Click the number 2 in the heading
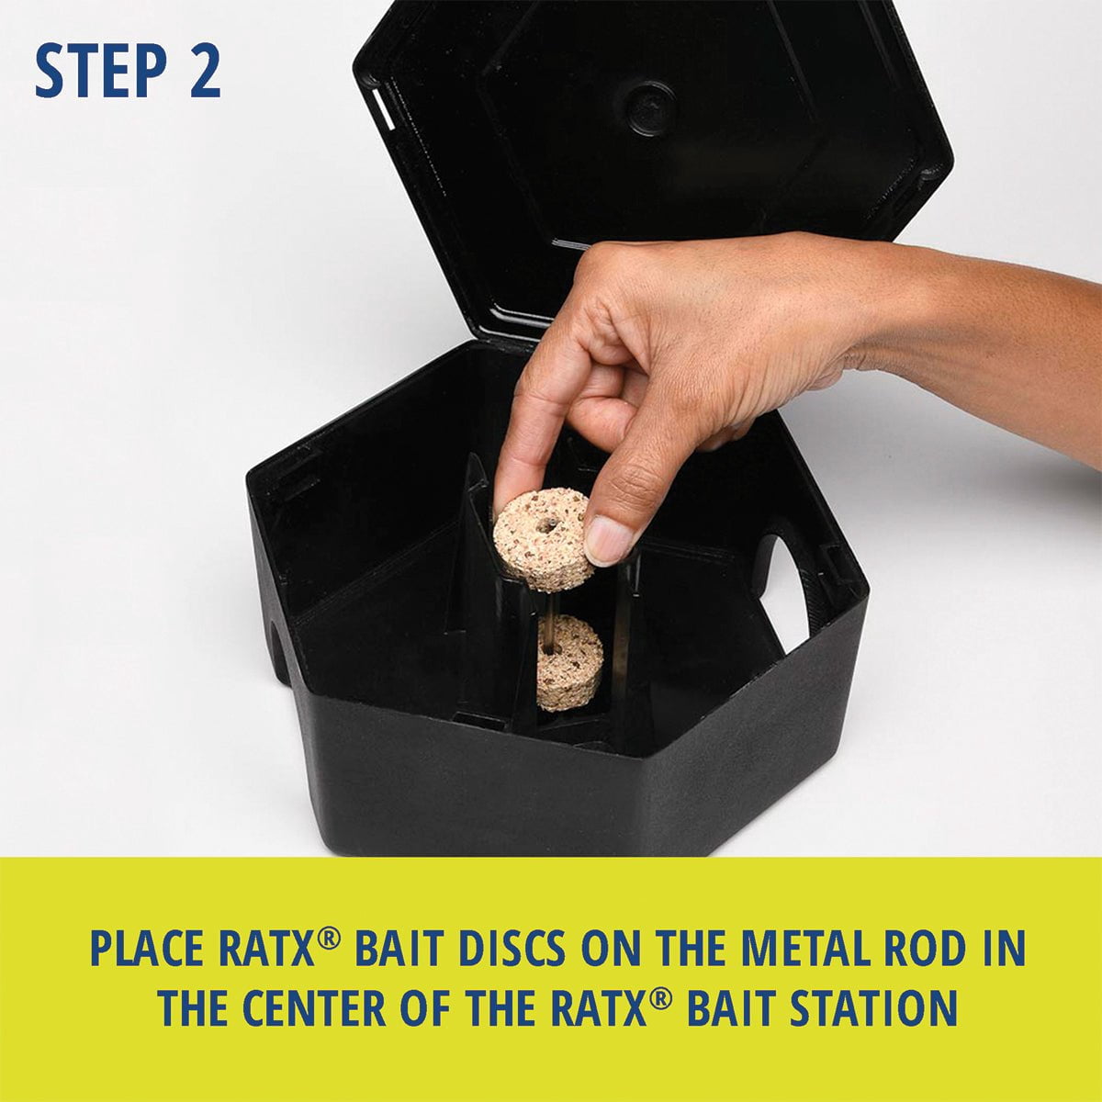coord(205,71)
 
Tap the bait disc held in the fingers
coord(542,539)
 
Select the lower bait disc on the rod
coord(569,662)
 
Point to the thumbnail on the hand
coord(607,540)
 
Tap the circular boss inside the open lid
coord(649,107)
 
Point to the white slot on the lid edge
coord(383,108)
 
